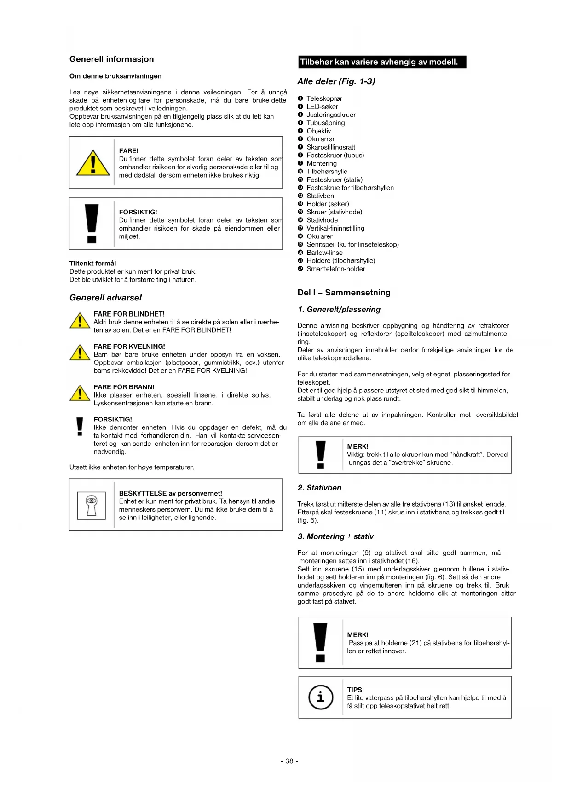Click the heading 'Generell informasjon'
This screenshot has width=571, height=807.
[x=111, y=59]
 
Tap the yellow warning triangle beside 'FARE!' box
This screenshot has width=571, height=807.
[x=93, y=163]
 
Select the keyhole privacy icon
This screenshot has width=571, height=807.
[x=92, y=505]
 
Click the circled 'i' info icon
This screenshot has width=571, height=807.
[x=320, y=697]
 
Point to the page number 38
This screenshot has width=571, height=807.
[x=289, y=761]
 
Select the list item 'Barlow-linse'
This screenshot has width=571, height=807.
[x=324, y=253]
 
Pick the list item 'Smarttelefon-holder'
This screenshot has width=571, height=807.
[x=335, y=269]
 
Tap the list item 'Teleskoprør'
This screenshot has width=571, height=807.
[x=324, y=98]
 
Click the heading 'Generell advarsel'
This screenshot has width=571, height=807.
[x=105, y=298]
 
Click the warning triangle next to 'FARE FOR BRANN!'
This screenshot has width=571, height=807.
[x=80, y=394]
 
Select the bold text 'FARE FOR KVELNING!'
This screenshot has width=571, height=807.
[x=129, y=346]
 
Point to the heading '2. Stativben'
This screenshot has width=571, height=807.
[x=319, y=488]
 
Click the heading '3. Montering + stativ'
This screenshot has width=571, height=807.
[x=335, y=536]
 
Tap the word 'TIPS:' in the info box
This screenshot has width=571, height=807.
[x=355, y=690]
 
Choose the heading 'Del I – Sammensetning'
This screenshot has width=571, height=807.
[x=344, y=293]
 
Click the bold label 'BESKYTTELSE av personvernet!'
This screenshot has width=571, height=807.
[x=170, y=493]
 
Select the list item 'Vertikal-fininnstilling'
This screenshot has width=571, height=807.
[x=335, y=228]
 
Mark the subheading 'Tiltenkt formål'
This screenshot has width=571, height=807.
[x=92, y=264]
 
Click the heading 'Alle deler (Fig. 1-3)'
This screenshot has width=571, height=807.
[x=336, y=81]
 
